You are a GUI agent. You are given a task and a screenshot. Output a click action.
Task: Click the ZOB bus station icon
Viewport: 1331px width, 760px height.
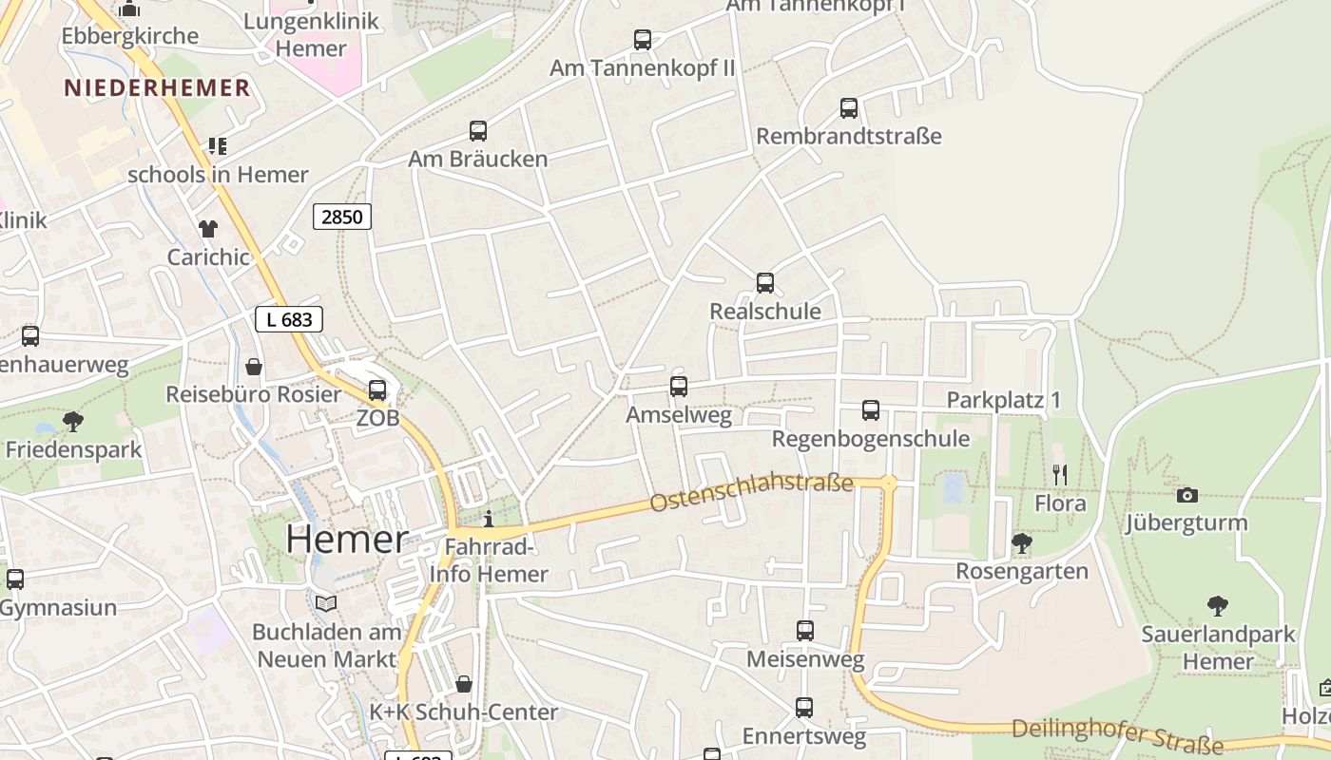[x=377, y=389]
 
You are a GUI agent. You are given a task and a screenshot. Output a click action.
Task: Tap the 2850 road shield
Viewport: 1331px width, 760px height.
[x=342, y=217]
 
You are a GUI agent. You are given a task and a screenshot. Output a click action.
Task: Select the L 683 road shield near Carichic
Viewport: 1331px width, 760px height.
[x=289, y=319]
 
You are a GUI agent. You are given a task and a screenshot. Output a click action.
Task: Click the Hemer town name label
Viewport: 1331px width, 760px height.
[x=347, y=540]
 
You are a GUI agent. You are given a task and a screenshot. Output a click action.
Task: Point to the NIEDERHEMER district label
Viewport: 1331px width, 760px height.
[x=157, y=88]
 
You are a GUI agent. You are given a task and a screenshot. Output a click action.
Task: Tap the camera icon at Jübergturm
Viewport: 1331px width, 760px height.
[x=1186, y=495]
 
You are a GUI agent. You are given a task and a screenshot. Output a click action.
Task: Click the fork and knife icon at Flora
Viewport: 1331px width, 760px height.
[x=1060, y=474]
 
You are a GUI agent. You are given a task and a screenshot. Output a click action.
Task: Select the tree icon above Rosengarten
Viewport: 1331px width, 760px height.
[x=1022, y=543]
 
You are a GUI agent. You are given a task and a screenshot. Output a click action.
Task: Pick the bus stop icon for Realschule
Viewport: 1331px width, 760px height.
[x=765, y=283]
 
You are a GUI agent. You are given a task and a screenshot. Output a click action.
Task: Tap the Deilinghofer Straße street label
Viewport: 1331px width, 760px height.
[x=1117, y=735]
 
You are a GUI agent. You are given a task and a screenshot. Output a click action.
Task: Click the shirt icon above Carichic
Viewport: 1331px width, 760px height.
[x=207, y=228]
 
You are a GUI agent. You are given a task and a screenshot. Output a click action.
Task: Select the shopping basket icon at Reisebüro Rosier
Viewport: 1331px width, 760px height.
[x=254, y=367]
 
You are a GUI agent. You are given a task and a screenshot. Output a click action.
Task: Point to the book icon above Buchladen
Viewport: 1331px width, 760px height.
[x=326, y=603]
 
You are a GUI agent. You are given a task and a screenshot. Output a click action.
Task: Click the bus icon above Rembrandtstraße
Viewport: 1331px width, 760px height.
[x=849, y=108]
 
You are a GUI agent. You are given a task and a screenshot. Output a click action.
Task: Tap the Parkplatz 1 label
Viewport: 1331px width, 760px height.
[x=1003, y=400]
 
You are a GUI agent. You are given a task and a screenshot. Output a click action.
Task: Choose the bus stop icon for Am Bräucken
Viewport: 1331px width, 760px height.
[x=478, y=131]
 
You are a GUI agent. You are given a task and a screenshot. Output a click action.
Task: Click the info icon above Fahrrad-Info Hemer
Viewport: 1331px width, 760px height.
[x=489, y=519]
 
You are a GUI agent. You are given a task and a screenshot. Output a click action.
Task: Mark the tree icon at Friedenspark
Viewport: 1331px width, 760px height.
[x=72, y=421]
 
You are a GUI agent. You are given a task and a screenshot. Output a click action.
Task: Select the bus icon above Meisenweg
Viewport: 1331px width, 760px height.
[x=805, y=631]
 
